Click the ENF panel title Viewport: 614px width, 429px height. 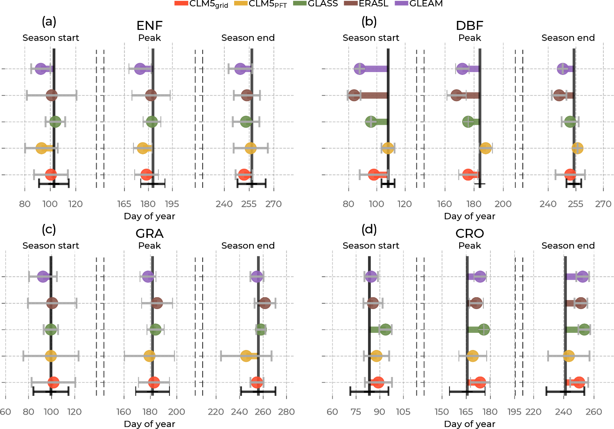[149, 25]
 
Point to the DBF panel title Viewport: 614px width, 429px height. [470, 25]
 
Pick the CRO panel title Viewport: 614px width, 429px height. [470, 233]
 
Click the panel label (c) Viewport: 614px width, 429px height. [49, 229]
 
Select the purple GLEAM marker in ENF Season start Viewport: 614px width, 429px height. [41, 69]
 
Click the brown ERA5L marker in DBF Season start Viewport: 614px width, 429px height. [354, 95]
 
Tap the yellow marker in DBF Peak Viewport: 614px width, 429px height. [485, 148]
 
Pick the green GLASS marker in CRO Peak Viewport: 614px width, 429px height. [483, 330]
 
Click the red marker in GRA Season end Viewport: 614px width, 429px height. [257, 382]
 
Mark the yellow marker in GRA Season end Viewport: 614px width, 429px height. [246, 356]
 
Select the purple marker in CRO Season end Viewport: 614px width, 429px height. [582, 277]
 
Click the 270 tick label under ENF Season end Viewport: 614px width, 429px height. [273, 204]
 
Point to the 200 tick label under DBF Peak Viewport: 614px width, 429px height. [503, 204]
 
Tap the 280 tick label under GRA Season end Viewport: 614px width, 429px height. [286, 412]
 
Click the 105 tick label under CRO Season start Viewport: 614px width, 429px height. [403, 412]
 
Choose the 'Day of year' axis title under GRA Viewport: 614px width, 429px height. [149, 424]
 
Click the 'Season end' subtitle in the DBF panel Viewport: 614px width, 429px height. [568, 38]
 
